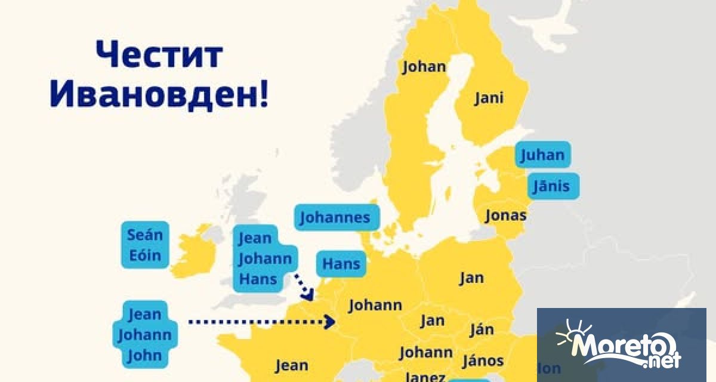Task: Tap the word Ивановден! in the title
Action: click(x=159, y=94)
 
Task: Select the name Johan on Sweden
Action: click(x=424, y=66)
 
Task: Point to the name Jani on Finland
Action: click(x=489, y=98)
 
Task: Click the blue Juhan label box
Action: click(x=542, y=155)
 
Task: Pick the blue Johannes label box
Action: click(x=335, y=217)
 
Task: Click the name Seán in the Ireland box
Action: click(x=145, y=235)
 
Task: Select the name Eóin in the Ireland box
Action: click(x=145, y=256)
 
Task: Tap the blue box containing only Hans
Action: click(x=341, y=264)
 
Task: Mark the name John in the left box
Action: click(x=145, y=356)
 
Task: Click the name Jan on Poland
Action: click(x=471, y=278)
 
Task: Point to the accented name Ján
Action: click(x=482, y=329)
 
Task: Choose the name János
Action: click(x=483, y=361)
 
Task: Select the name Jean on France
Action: click(x=291, y=365)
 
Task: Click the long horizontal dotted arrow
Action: click(x=261, y=322)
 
